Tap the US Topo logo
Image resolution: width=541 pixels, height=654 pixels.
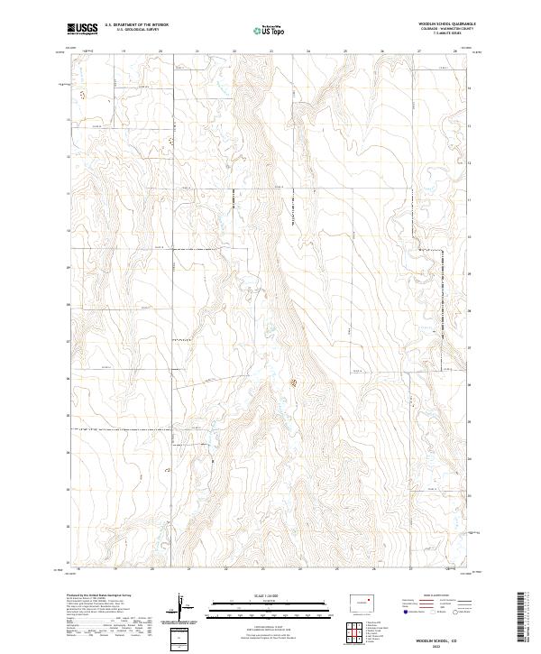pos(270,29)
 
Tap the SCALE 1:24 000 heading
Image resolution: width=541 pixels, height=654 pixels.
pos(270,596)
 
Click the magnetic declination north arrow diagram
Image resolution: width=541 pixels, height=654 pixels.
pos(187,611)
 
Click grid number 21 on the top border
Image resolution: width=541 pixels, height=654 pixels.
pos(197,51)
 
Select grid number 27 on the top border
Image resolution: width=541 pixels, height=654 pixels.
pos(420,51)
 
